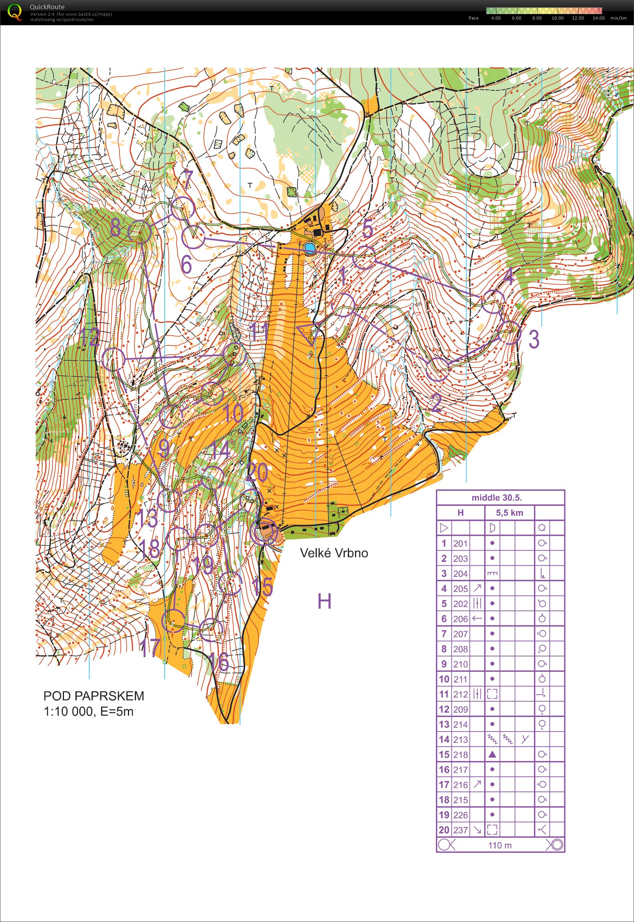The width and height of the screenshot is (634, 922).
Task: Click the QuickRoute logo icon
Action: click(x=15, y=11)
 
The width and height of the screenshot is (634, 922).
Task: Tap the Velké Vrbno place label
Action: click(x=334, y=553)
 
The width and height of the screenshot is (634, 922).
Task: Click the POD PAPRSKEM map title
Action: click(x=94, y=696)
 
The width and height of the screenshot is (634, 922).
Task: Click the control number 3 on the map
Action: click(x=534, y=339)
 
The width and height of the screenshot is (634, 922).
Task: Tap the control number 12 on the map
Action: click(x=89, y=337)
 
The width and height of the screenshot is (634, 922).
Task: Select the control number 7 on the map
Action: click(x=186, y=179)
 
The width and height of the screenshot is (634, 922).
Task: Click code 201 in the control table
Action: click(x=460, y=543)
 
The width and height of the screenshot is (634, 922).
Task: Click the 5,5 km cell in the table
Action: click(x=509, y=513)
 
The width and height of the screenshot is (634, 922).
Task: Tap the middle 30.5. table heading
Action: click(x=496, y=497)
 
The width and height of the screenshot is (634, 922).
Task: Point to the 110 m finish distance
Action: click(x=500, y=845)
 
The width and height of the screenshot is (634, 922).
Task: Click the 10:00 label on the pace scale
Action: click(x=557, y=18)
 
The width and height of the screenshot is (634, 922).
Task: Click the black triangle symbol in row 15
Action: click(x=492, y=754)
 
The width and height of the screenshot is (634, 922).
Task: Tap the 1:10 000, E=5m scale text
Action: click(x=88, y=711)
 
